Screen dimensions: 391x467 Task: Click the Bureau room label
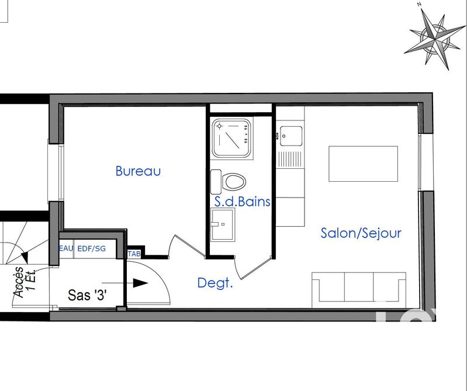[x=138, y=171]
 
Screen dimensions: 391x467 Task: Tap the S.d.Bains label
[x=243, y=202]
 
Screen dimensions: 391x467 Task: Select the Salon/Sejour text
[x=361, y=233]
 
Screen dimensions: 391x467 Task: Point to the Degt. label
[x=215, y=283]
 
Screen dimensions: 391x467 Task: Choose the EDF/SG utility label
[x=92, y=248]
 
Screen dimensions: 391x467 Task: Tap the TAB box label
[x=134, y=254]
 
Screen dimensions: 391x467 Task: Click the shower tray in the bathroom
[x=232, y=139]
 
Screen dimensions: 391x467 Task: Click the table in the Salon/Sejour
[x=364, y=164]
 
